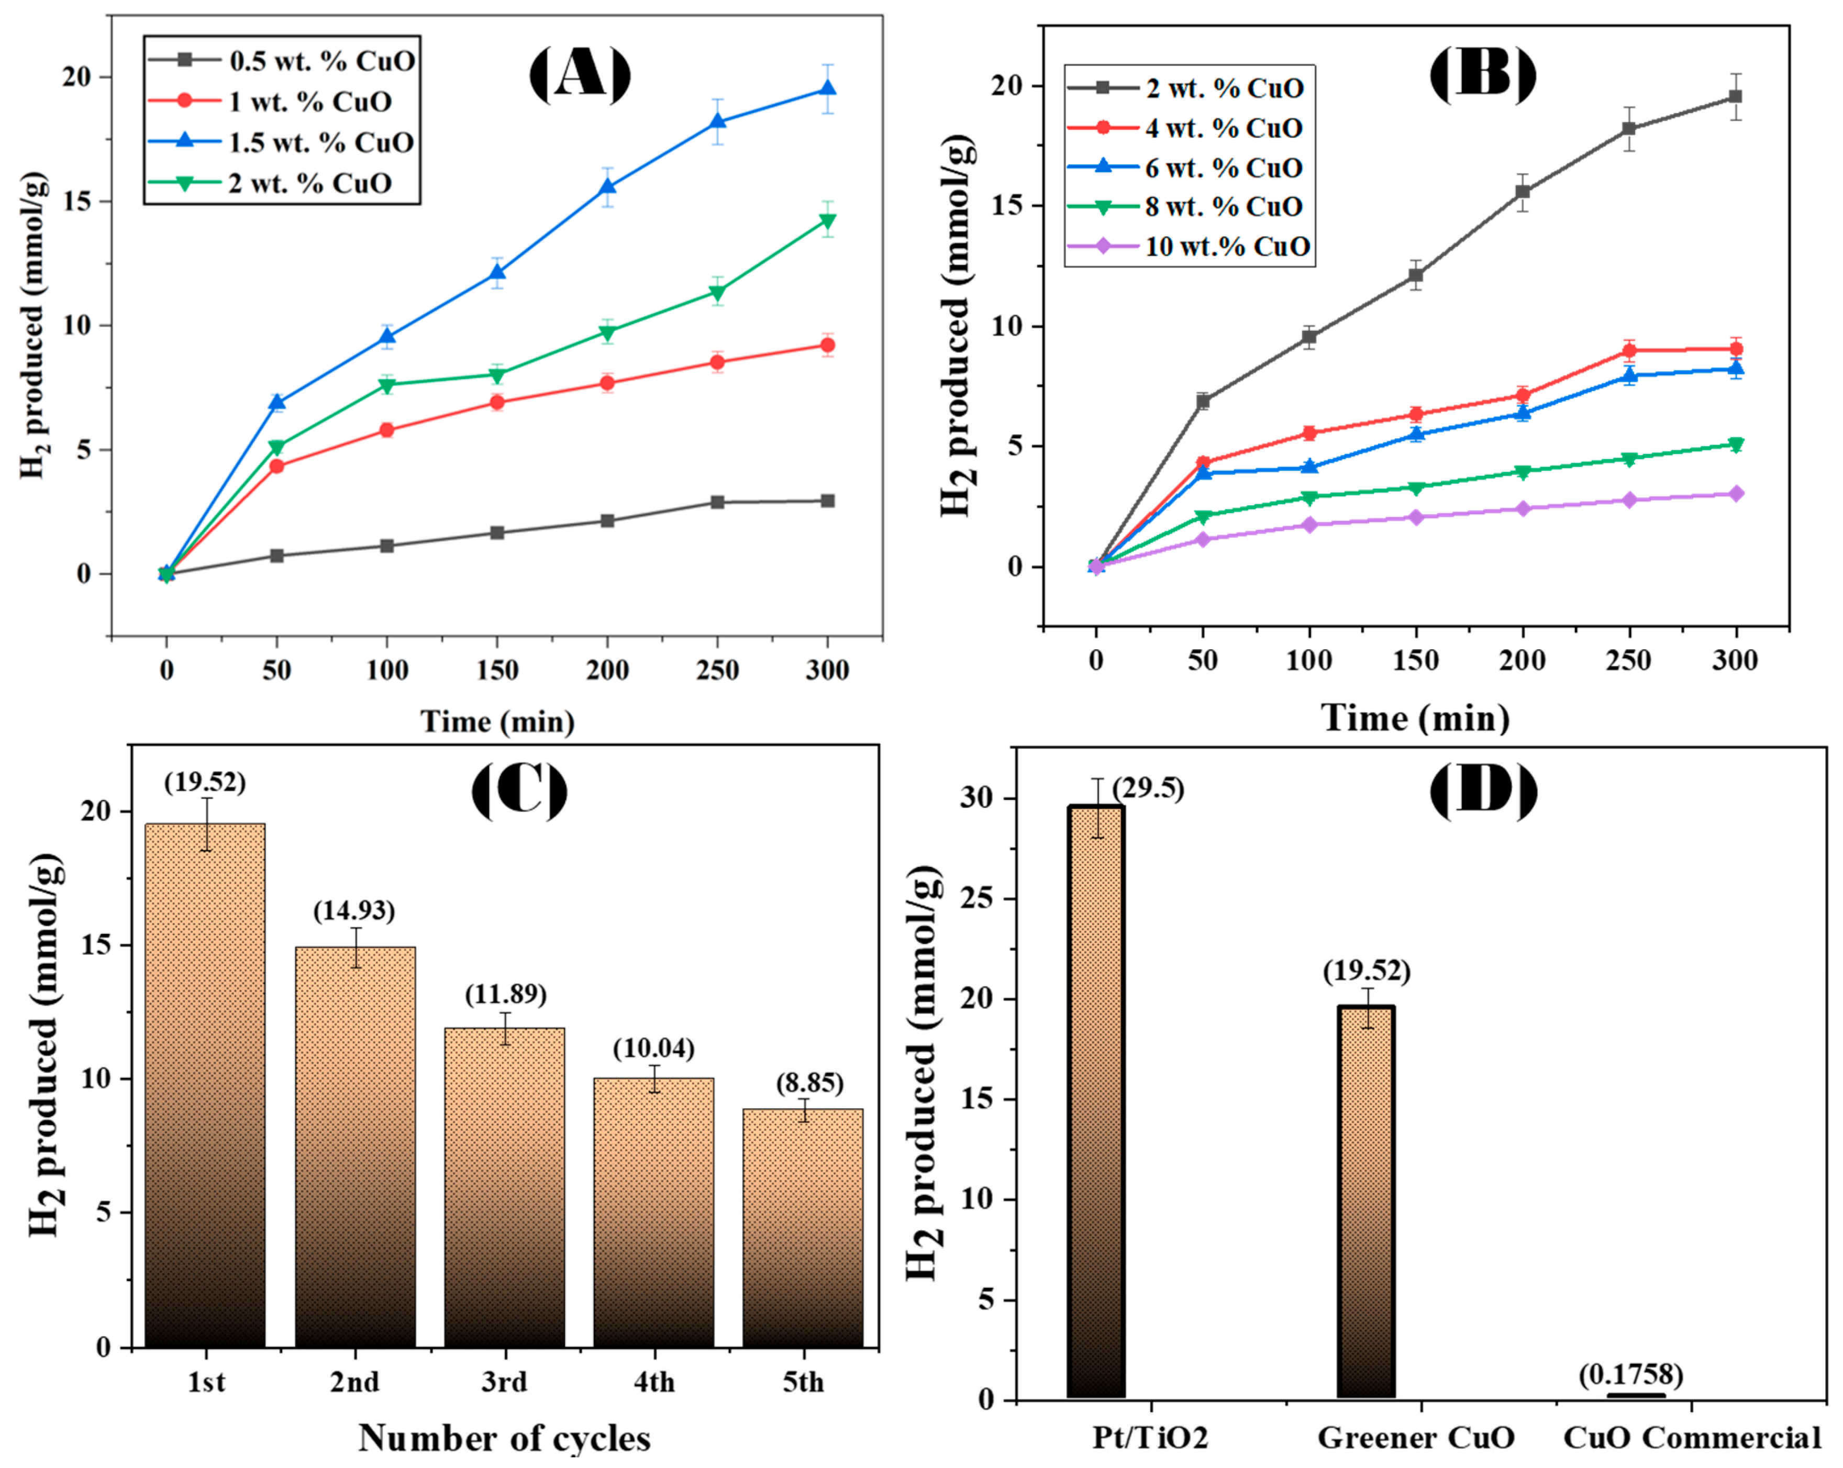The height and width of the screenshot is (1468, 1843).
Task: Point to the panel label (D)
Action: pyautogui.click(x=1483, y=792)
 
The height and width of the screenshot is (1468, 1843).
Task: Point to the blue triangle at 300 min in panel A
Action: pyautogui.click(x=827, y=89)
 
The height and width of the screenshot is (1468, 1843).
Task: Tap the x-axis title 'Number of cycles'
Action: pyautogui.click(x=504, y=1439)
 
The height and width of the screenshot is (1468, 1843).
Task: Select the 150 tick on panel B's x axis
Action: pyautogui.click(x=1416, y=660)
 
